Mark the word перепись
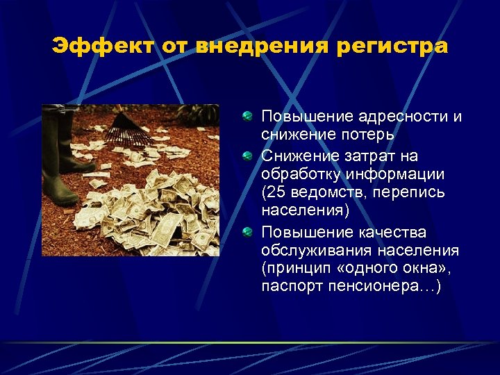click(x=406, y=191)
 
